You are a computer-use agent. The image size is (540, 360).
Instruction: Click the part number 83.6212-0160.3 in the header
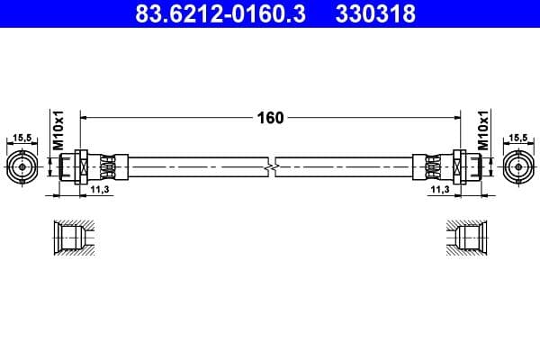point(192,15)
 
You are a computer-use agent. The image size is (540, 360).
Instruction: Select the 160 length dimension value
point(270,117)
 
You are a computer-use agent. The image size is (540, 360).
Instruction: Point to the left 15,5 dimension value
point(23,138)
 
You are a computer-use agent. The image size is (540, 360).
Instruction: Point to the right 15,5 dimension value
point(517,138)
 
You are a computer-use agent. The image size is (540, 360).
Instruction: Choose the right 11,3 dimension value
point(439,190)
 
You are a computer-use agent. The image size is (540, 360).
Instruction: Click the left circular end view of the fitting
point(23,166)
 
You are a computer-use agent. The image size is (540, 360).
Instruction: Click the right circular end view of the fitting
point(517,166)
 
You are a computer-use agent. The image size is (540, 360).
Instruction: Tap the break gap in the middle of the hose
point(271,166)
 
